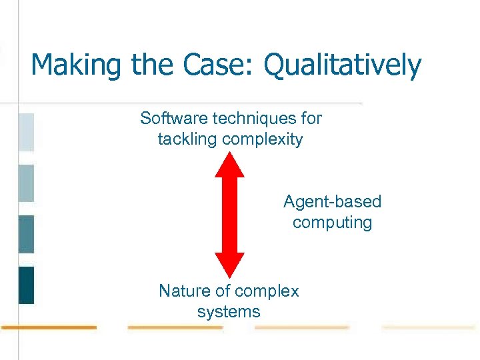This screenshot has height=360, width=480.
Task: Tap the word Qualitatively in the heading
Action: tap(343, 65)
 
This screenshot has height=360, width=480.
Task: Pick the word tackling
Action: tap(187, 139)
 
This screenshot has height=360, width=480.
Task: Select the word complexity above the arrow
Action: tap(263, 139)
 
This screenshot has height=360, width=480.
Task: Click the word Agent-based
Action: tap(332, 201)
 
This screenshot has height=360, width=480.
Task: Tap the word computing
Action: tap(332, 222)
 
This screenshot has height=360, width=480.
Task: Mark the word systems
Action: tap(229, 311)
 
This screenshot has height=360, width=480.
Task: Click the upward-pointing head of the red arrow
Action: tap(229, 165)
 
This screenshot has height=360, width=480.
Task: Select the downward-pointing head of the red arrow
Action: tap(229, 265)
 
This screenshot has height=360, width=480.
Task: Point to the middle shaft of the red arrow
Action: tap(229, 215)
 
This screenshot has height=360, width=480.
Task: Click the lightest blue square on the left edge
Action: tap(26, 132)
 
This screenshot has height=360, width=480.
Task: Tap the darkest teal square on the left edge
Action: tap(26, 285)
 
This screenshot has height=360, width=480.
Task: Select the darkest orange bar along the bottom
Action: tap(48, 327)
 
